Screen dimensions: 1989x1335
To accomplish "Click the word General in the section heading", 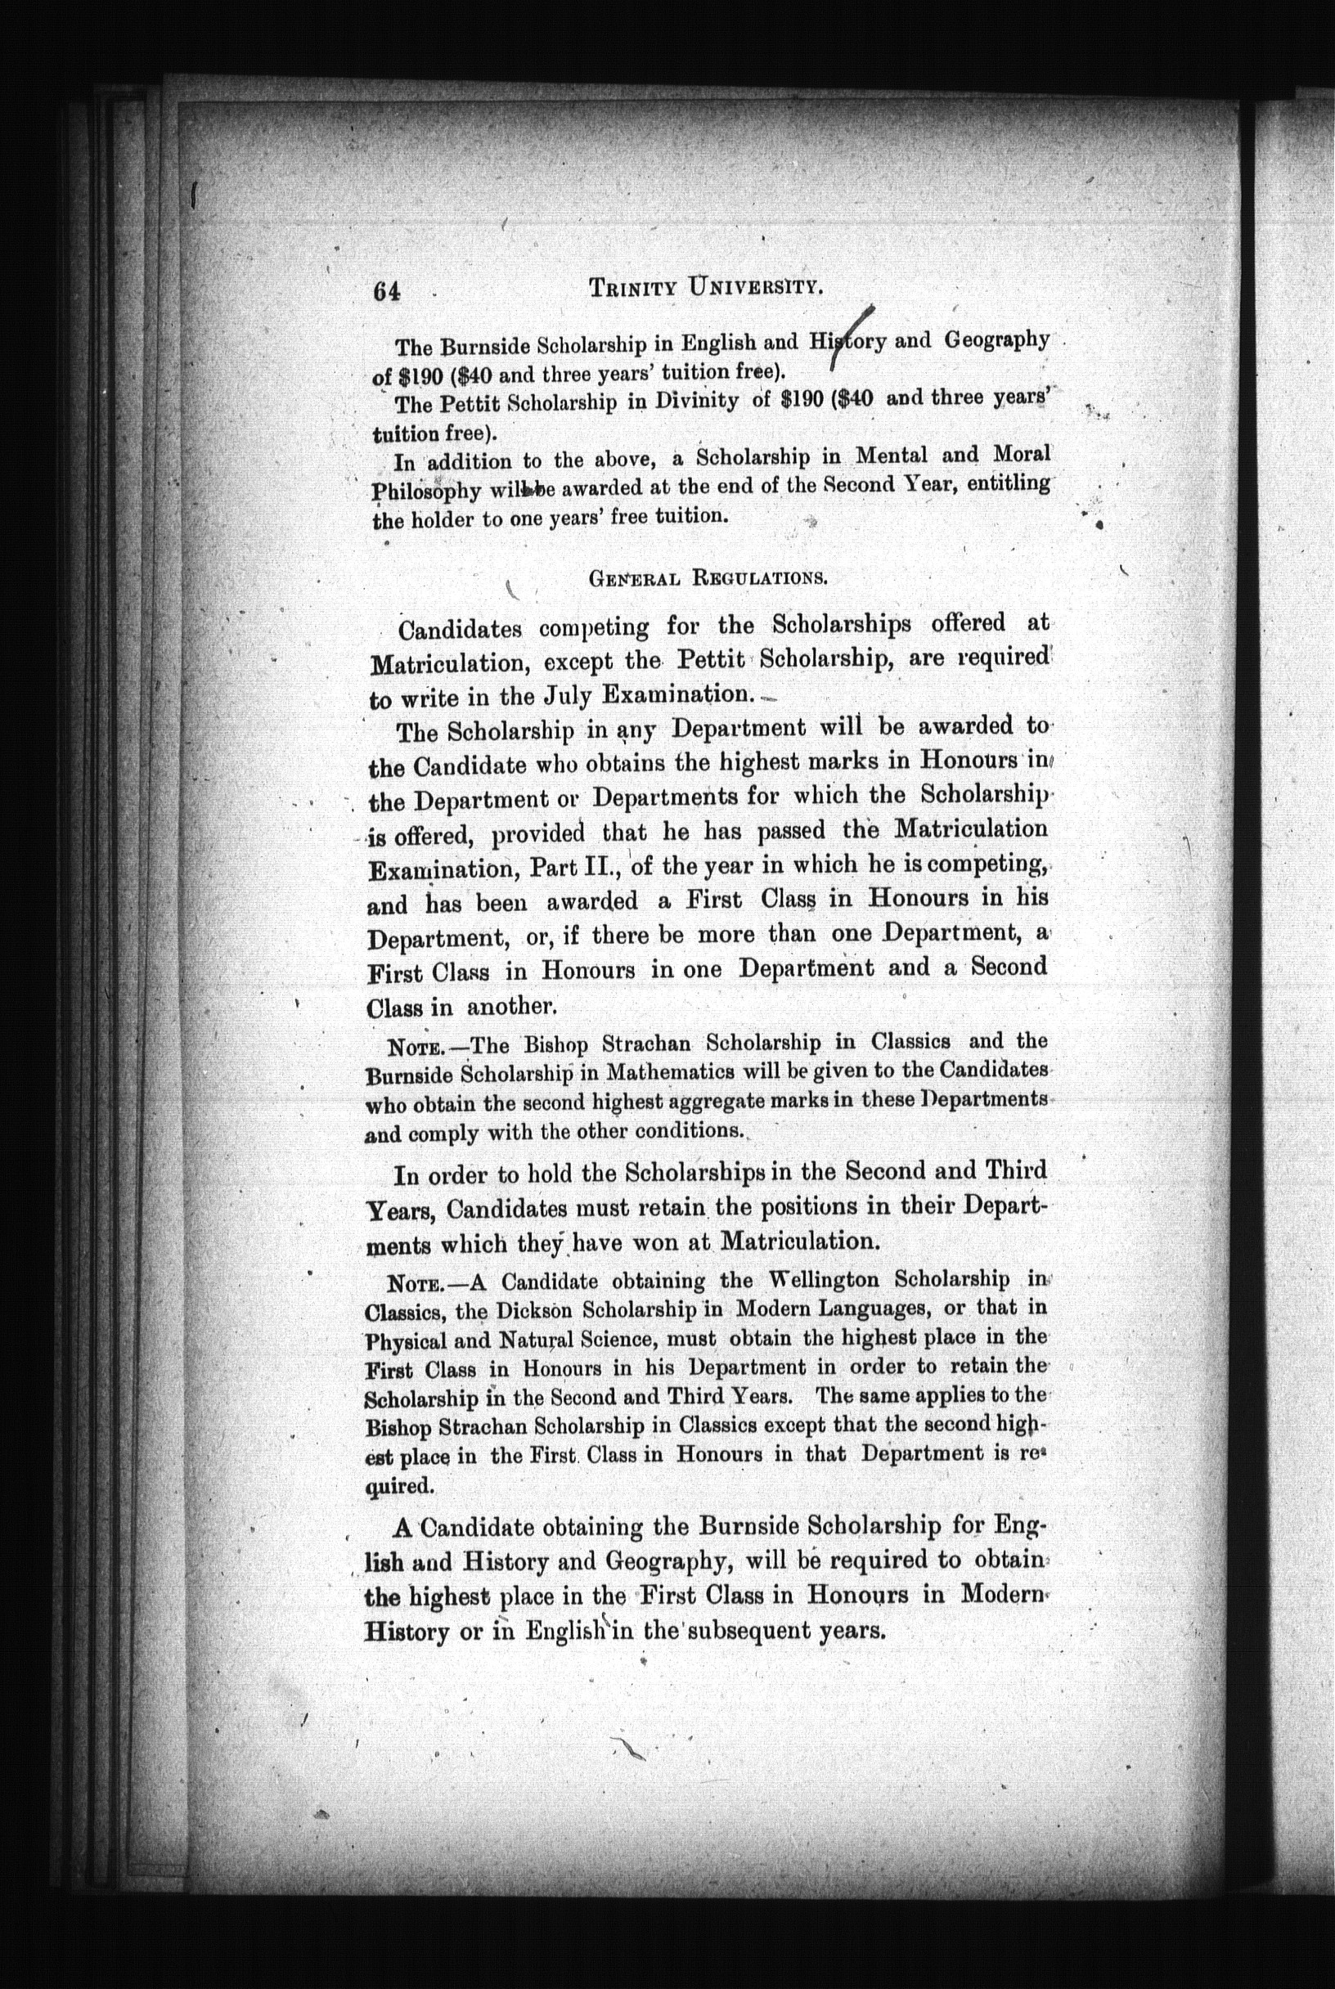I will pyautogui.click(x=632, y=579).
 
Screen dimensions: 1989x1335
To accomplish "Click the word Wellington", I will pyautogui.click(x=846, y=1280).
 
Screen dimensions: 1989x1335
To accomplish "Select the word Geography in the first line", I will pyautogui.click(x=996, y=339).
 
